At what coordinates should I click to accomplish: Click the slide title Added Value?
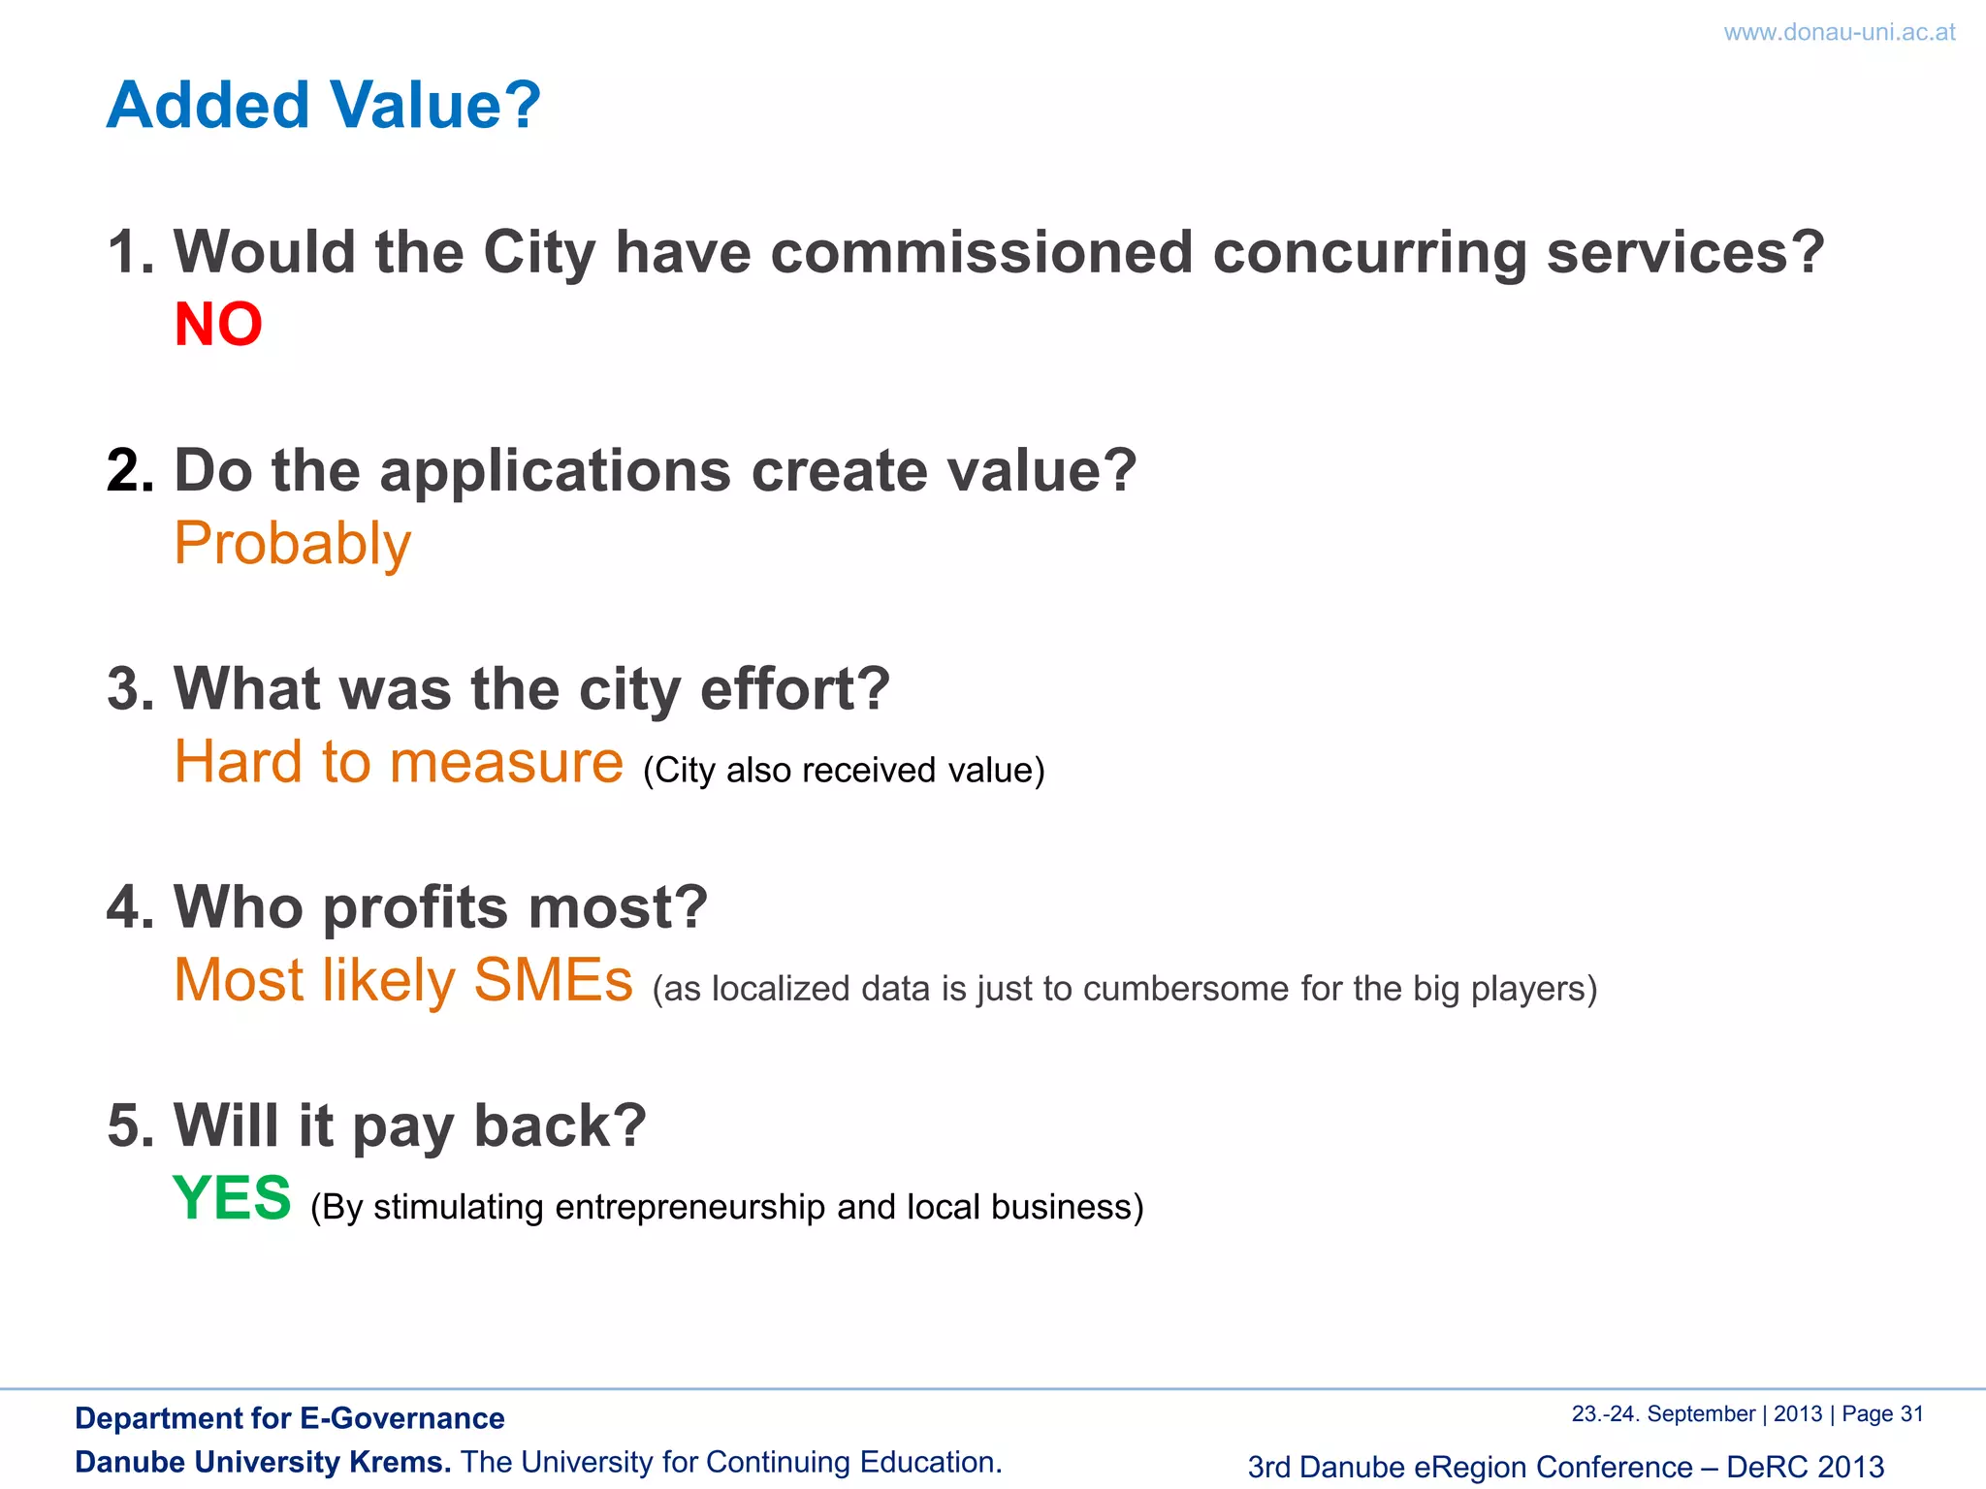click(323, 105)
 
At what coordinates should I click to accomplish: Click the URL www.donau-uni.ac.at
click(1839, 32)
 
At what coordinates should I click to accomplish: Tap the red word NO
click(218, 324)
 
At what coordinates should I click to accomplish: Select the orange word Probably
click(292, 543)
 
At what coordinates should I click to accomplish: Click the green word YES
click(232, 1198)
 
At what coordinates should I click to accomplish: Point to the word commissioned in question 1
click(980, 252)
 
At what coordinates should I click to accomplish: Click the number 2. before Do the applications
click(129, 471)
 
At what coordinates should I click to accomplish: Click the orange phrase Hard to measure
click(399, 762)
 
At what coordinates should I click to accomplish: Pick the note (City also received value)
click(844, 771)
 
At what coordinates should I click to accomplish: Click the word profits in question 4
click(415, 908)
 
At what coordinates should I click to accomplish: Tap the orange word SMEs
click(553, 980)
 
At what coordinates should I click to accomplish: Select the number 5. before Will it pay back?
click(129, 1126)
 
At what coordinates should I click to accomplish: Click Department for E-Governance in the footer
click(289, 1418)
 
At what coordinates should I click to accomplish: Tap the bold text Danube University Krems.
click(263, 1462)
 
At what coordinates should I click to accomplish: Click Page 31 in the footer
click(1881, 1414)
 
